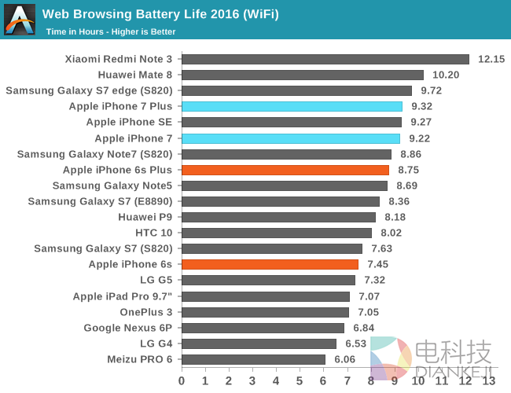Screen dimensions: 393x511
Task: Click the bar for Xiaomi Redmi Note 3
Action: (x=325, y=59)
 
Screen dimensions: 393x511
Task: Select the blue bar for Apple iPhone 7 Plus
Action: (x=292, y=106)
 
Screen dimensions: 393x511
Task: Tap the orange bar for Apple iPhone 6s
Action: (x=270, y=264)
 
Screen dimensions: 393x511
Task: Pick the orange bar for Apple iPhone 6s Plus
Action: (x=285, y=170)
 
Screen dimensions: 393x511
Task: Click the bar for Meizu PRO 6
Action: (x=253, y=359)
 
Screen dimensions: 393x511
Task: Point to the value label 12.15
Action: (x=491, y=59)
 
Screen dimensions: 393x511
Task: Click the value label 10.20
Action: (x=445, y=75)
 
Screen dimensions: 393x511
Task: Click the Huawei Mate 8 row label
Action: (x=134, y=75)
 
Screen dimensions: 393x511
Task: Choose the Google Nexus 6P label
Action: (x=129, y=328)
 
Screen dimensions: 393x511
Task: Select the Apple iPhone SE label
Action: (x=130, y=122)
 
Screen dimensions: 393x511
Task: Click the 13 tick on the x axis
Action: (x=489, y=380)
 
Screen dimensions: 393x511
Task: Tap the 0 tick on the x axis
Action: (x=182, y=380)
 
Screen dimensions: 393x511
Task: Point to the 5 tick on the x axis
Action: (x=300, y=380)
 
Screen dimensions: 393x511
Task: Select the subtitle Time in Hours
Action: (x=111, y=31)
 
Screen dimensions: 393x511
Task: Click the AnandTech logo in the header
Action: (x=20, y=20)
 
